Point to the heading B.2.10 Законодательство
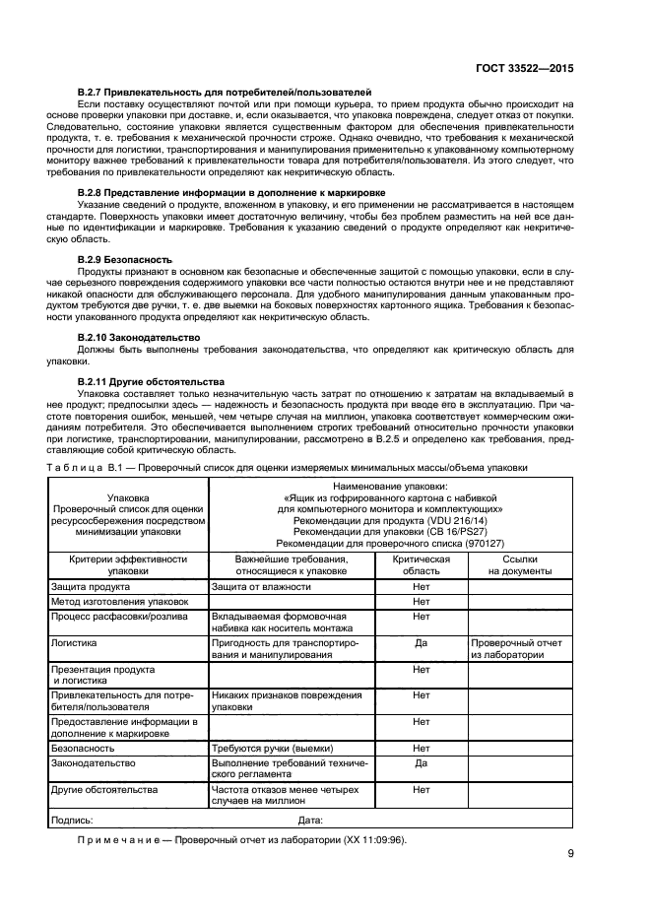click(x=140, y=337)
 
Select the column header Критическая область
click(x=422, y=564)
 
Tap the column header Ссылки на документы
click(x=520, y=564)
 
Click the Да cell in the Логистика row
click(x=422, y=641)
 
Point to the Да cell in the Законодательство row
click(x=422, y=763)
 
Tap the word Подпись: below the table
click(x=71, y=819)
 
